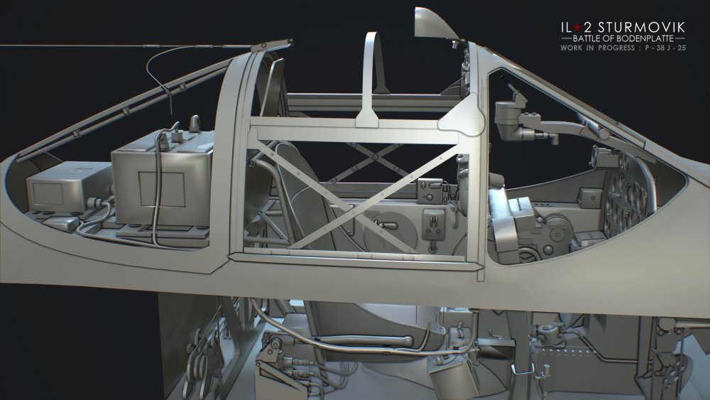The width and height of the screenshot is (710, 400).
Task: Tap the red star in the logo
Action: point(577,28)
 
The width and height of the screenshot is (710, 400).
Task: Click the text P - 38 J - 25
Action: point(666,48)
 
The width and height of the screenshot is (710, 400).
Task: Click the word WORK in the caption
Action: point(572,48)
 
